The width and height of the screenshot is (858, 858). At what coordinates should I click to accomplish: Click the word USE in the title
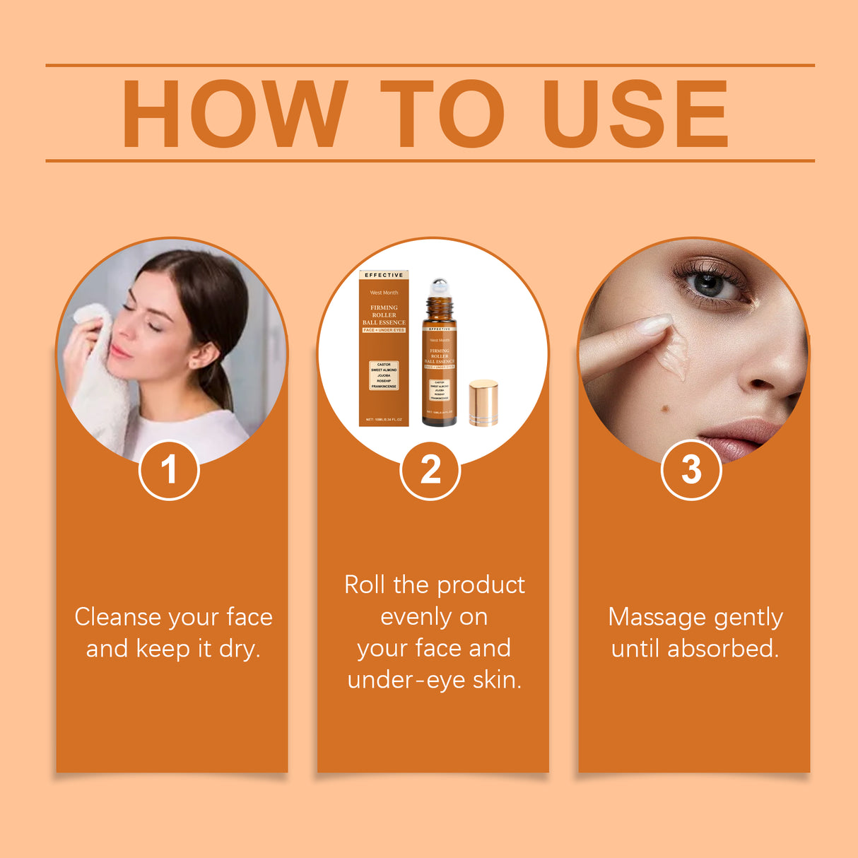[635, 114]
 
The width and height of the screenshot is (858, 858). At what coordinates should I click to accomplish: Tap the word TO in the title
[442, 114]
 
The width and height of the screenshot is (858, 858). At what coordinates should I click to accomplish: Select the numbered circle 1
[169, 469]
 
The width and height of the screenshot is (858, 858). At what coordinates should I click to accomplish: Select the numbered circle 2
[430, 469]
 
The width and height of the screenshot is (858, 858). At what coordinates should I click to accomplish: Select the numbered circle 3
[690, 469]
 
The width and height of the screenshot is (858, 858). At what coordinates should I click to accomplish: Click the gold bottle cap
[483, 403]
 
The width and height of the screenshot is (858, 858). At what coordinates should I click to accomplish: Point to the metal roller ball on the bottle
[440, 286]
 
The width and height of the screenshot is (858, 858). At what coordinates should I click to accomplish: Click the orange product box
[384, 350]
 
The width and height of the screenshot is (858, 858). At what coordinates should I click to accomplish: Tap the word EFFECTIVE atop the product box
[384, 275]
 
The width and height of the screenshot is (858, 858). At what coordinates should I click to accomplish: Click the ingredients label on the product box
[384, 375]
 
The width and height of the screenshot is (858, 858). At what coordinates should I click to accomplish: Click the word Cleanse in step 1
[117, 617]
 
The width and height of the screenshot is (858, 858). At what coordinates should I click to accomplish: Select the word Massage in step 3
[647, 617]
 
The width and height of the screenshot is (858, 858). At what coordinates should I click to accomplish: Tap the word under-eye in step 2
[406, 680]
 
